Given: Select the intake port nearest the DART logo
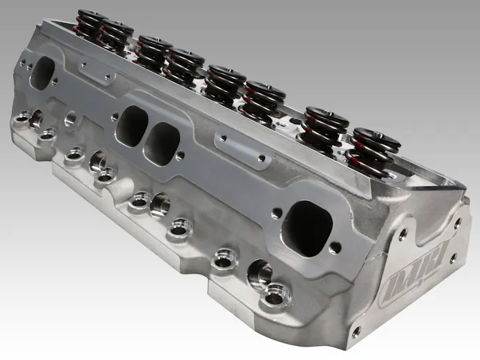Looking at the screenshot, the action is click(306, 228).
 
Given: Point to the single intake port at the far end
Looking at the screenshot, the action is click(43, 73).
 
